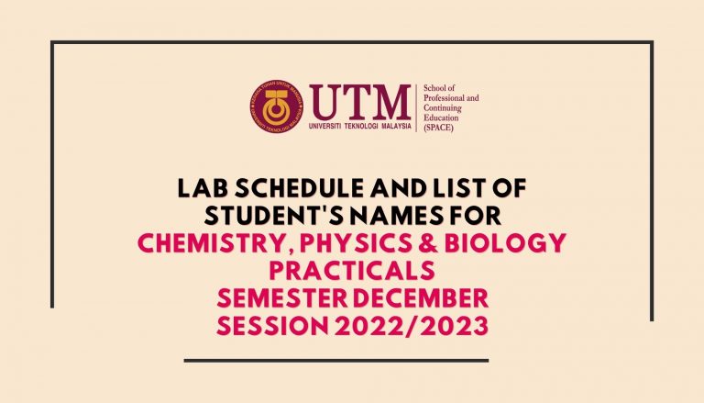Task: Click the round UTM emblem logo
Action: click(x=277, y=106)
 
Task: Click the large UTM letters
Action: click(x=360, y=103)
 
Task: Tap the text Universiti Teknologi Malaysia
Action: click(x=359, y=127)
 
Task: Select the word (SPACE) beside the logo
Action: click(x=438, y=128)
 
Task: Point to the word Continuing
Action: click(x=442, y=108)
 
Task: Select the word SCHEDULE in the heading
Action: click(x=300, y=188)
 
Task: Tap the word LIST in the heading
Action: click(x=456, y=188)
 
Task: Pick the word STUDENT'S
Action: click(x=274, y=216)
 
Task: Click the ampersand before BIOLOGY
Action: click(x=428, y=243)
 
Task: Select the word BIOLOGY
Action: click(x=505, y=243)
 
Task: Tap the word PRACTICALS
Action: click(x=352, y=270)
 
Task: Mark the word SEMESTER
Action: click(x=282, y=298)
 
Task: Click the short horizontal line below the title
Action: click(x=336, y=360)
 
